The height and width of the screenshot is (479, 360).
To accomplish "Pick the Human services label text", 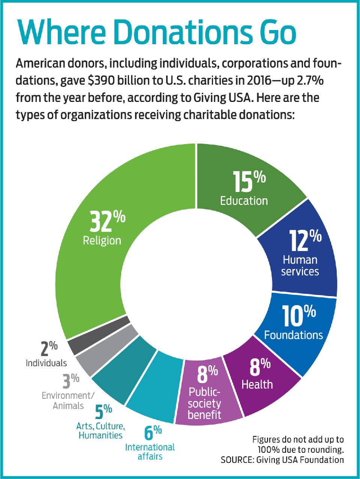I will [x=300, y=265].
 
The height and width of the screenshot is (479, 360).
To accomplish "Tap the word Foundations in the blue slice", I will [x=293, y=335].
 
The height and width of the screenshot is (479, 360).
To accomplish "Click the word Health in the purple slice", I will [x=257, y=384].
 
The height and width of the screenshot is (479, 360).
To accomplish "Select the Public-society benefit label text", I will [x=204, y=403].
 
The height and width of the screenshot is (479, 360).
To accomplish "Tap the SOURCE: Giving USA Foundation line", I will [x=282, y=460].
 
